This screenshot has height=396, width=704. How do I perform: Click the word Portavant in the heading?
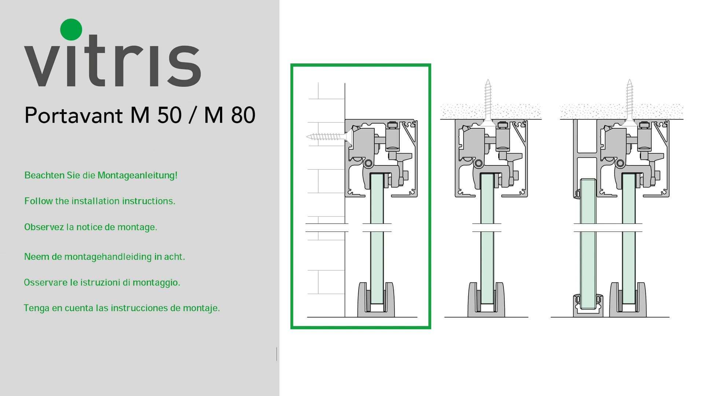click(x=74, y=115)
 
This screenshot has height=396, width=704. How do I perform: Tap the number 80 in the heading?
click(x=243, y=115)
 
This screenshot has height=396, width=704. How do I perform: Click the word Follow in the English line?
click(x=38, y=201)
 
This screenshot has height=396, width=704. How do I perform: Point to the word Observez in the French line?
click(x=44, y=227)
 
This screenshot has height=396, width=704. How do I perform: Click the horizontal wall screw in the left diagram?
click(x=329, y=137)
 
